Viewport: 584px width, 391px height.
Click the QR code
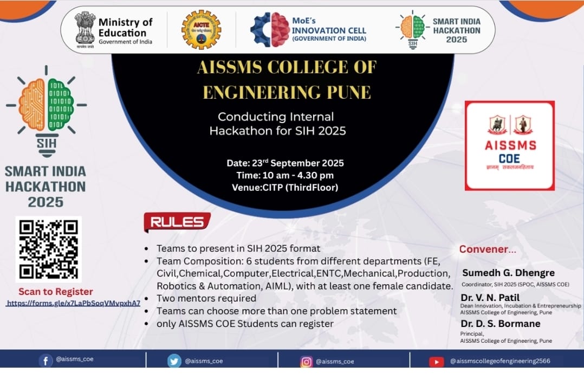[x=48, y=249]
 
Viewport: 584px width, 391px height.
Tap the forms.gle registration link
[x=73, y=303]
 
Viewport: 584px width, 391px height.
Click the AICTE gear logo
[x=201, y=29]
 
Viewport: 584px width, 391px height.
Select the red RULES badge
[x=177, y=221]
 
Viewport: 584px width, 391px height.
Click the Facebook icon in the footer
[x=46, y=361]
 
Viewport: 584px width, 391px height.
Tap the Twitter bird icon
[x=174, y=361]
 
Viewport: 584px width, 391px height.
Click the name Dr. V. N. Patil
[x=490, y=297]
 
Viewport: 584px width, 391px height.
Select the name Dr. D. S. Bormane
[x=501, y=323]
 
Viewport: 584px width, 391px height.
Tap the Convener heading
[x=488, y=249]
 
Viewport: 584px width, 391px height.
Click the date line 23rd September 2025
[x=285, y=163]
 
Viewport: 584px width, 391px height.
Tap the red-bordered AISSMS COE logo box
[x=509, y=145]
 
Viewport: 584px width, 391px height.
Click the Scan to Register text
[x=56, y=291]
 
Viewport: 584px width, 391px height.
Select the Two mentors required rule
[x=206, y=298]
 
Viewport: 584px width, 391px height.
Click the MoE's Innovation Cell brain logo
[x=270, y=29]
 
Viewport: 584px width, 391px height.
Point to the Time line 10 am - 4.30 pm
[x=285, y=175]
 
